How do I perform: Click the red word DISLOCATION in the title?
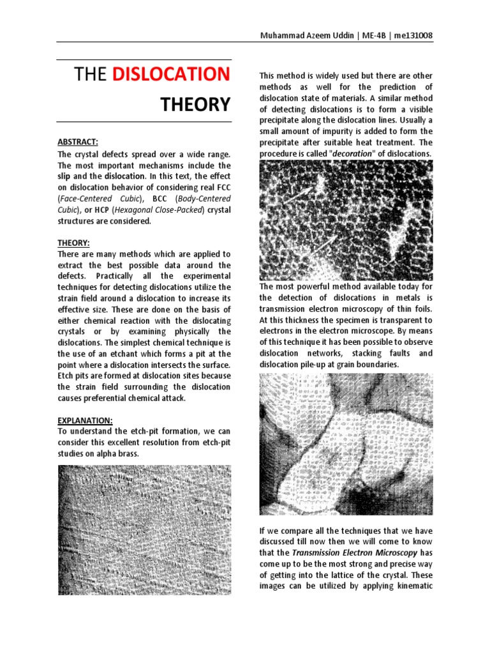(x=171, y=74)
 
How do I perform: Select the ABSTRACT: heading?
(x=78, y=142)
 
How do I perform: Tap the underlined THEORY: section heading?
(x=73, y=243)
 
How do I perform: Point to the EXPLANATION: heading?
(x=85, y=420)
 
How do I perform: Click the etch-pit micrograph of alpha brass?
(x=144, y=529)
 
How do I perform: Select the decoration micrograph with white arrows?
(x=346, y=220)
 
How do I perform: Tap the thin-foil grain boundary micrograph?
(x=346, y=444)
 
